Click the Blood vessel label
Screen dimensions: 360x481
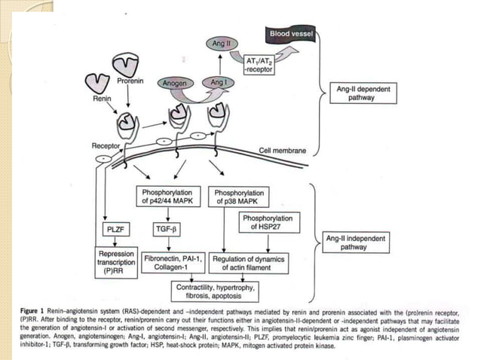(x=292, y=34)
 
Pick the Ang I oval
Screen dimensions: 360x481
(x=219, y=82)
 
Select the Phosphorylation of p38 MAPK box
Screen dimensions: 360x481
(x=238, y=197)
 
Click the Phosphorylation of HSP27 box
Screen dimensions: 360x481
(x=265, y=222)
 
